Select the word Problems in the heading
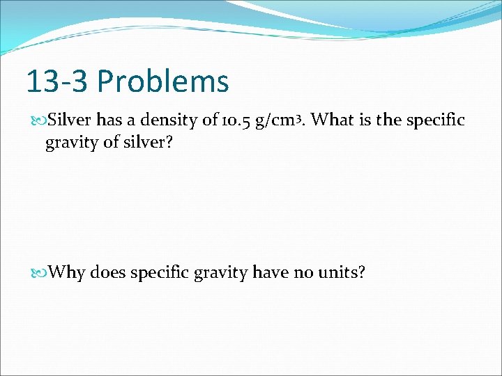click(x=163, y=81)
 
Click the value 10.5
click(x=238, y=120)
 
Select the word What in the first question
click(x=332, y=120)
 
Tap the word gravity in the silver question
click(x=70, y=144)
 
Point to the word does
click(x=107, y=272)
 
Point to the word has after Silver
click(x=109, y=120)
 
